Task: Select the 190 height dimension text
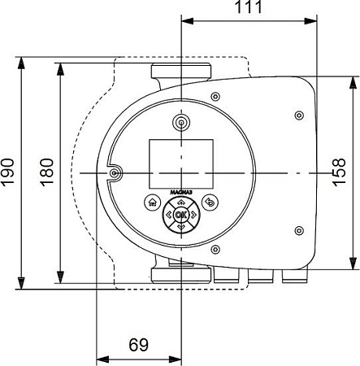point(8,172)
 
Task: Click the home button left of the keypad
point(151,203)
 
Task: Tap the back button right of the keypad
point(210,203)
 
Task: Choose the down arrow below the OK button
point(180,226)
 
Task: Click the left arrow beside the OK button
point(168,215)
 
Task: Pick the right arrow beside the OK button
point(193,215)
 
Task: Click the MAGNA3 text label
point(180,193)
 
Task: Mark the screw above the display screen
point(180,122)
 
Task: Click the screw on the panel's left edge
point(115,173)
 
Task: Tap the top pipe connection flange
point(180,71)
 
